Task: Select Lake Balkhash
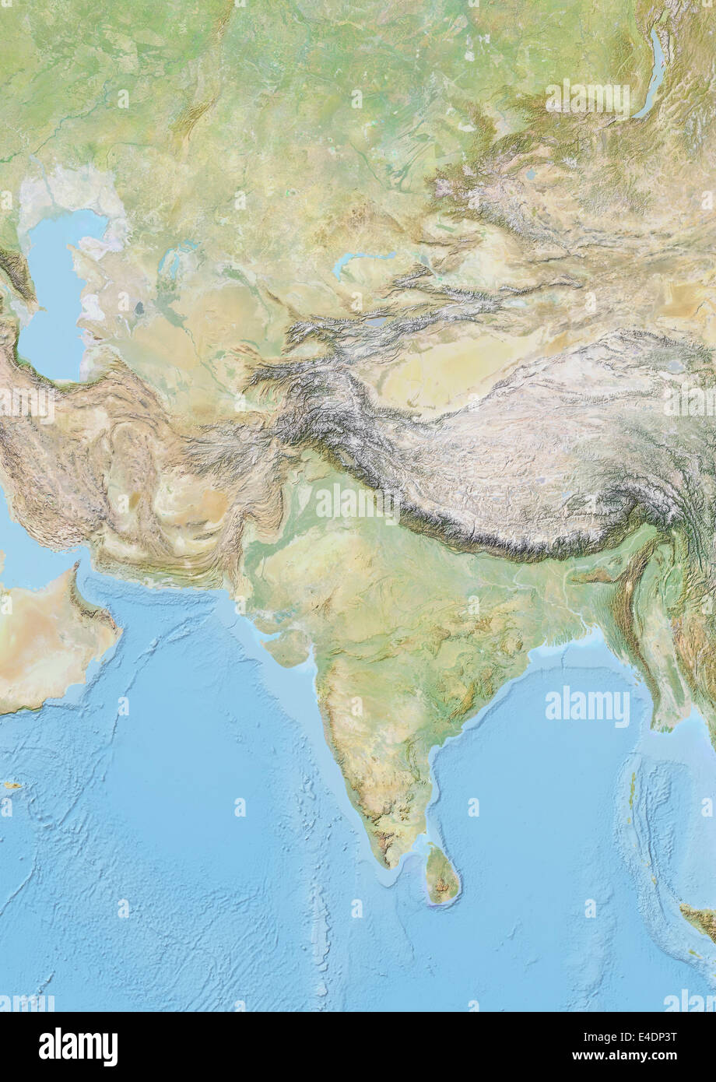(362, 258)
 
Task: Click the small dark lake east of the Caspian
(140, 308)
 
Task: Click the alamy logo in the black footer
(79, 1047)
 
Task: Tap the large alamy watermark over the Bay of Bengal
(588, 708)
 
